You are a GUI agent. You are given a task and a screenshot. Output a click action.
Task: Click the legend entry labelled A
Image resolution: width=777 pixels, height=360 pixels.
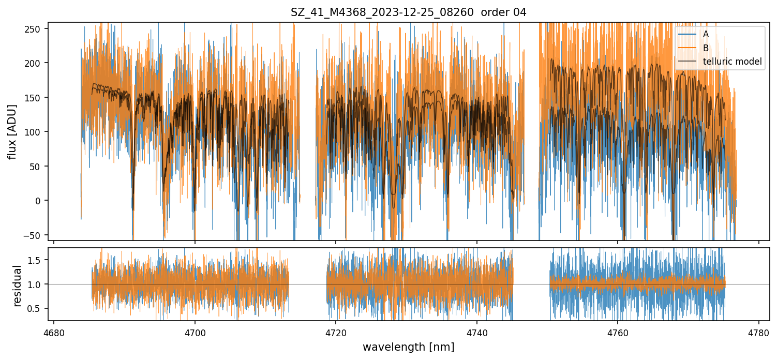pos(706,34)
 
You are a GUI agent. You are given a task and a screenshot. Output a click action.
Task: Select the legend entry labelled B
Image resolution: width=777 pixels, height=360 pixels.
pos(706,48)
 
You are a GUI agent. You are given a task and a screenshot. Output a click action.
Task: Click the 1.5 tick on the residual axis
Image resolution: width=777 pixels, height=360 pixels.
pos(39,260)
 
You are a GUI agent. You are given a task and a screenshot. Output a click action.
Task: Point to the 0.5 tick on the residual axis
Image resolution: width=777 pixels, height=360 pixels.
pos(39,309)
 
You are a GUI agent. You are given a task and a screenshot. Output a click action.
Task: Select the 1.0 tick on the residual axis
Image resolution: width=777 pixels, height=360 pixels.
pos(39,284)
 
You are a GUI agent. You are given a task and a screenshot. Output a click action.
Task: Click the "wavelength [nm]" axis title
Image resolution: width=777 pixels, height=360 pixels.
pos(408,347)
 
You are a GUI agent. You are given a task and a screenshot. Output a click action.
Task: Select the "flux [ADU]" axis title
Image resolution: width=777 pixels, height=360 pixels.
pos(12,131)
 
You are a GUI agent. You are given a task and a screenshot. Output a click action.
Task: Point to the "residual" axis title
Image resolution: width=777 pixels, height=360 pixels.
pos(18,286)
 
